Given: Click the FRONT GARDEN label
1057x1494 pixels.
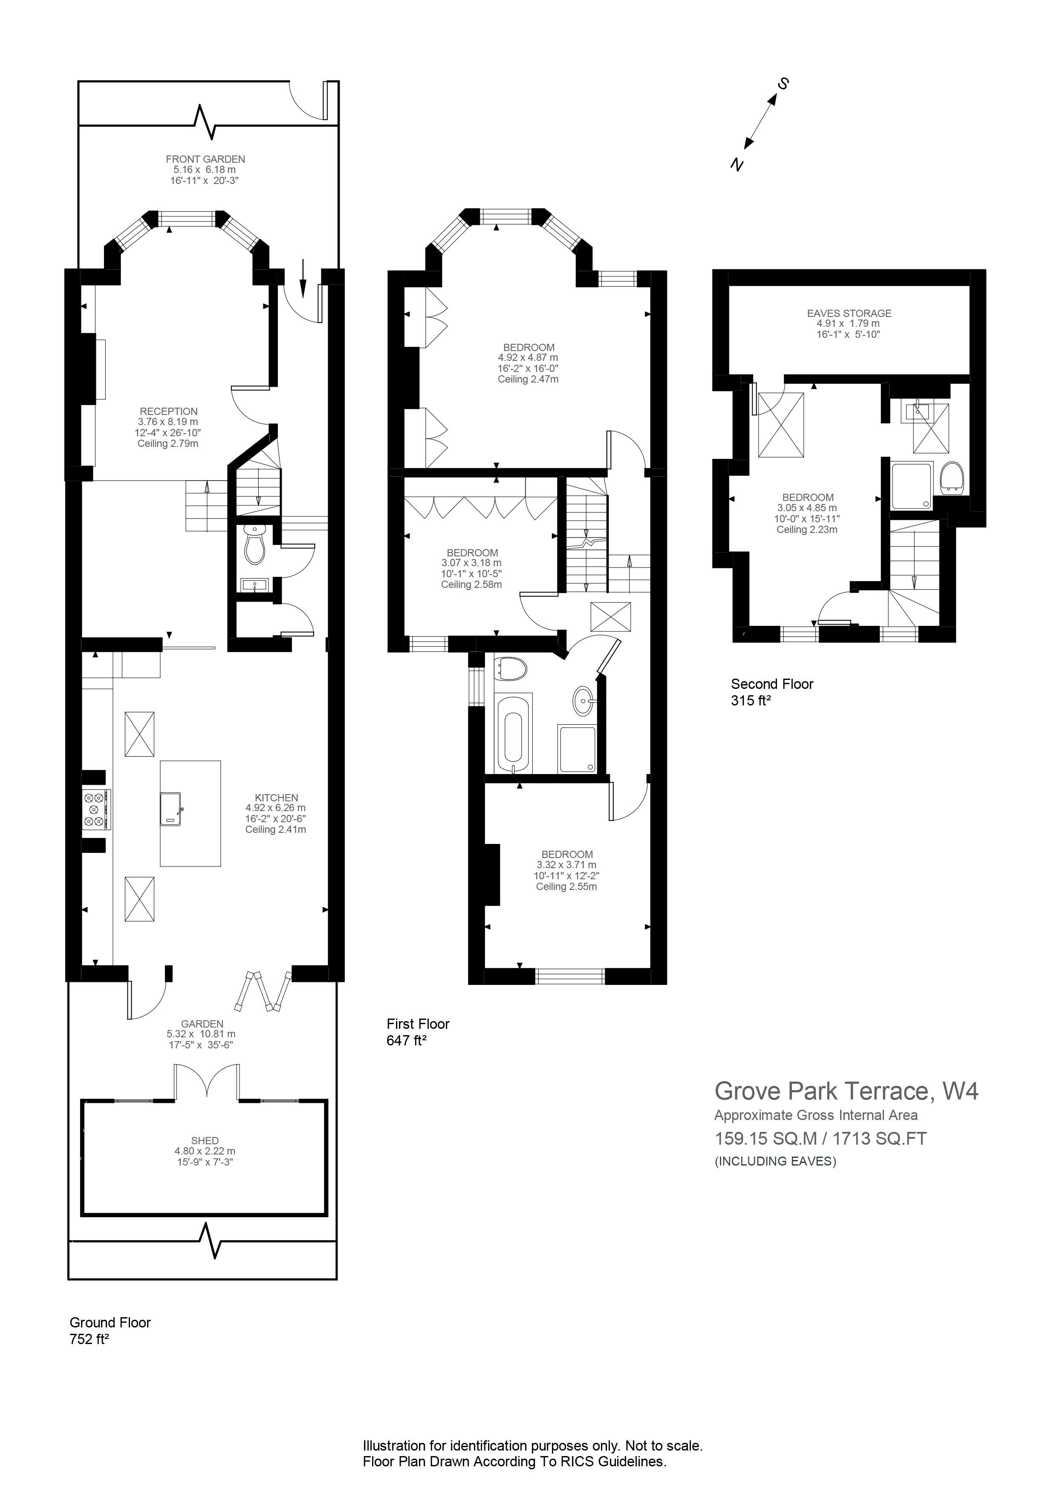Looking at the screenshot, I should pyautogui.click(x=205, y=159).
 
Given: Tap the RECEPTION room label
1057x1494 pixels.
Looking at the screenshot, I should pyautogui.click(x=169, y=411).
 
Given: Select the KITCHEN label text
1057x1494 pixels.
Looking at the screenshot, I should pyautogui.click(x=276, y=798).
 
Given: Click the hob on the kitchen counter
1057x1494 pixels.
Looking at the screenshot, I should pyautogui.click(x=95, y=809).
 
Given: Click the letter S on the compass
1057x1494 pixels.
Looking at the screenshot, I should pyautogui.click(x=784, y=84).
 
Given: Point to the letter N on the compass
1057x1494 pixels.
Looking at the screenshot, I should pyautogui.click(x=736, y=165).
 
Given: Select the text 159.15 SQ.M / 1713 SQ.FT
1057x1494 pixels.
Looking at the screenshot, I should pyautogui.click(x=820, y=1139).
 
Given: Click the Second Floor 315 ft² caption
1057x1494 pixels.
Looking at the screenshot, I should pyautogui.click(x=772, y=692).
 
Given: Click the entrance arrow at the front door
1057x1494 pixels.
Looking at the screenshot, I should pyautogui.click(x=303, y=276).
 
